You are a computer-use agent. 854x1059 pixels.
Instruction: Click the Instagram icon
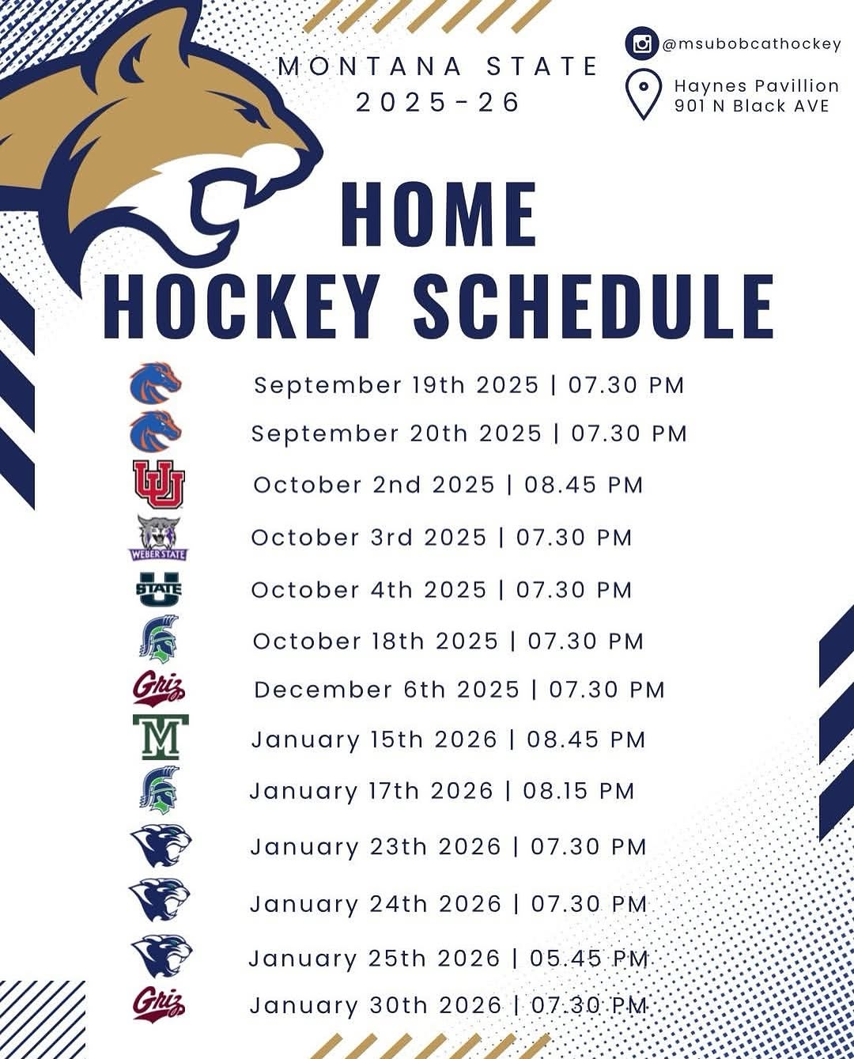pos(642,43)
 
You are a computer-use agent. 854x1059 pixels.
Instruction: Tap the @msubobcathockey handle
pos(751,44)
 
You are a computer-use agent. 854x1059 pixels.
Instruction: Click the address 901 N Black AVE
pos(751,106)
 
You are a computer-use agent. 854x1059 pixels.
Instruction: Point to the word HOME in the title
pos(439,214)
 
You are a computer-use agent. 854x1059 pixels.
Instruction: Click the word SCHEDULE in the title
pos(593,307)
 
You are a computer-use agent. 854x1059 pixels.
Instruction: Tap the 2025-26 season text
pos(438,102)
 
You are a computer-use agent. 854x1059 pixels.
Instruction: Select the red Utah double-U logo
pos(158,485)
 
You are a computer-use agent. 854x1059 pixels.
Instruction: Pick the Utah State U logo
pos(158,589)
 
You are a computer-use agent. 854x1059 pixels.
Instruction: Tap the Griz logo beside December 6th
pos(158,688)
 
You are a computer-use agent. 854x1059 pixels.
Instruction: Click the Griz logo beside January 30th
pos(158,1004)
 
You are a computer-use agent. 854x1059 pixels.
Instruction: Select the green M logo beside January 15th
pos(160,737)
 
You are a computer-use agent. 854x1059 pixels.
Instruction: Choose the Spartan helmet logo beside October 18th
pos(159,639)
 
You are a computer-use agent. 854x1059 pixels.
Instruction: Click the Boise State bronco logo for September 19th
pos(156,382)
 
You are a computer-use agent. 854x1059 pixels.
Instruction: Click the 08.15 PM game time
pos(579,791)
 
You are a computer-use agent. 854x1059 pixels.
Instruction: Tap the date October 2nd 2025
pos(373,485)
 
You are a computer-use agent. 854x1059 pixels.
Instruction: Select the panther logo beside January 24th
pos(160,900)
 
